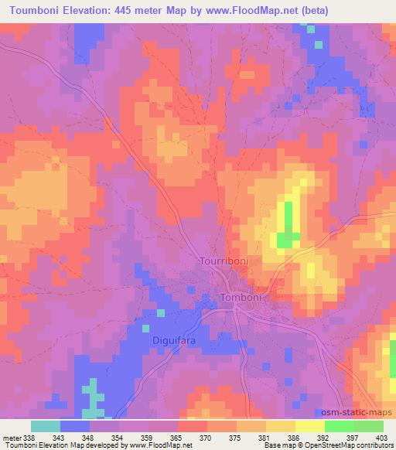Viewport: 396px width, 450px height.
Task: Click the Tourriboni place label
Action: [224, 261]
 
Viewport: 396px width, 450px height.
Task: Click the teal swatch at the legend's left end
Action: [46, 426]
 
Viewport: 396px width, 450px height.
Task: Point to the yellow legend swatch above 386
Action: [295, 426]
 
